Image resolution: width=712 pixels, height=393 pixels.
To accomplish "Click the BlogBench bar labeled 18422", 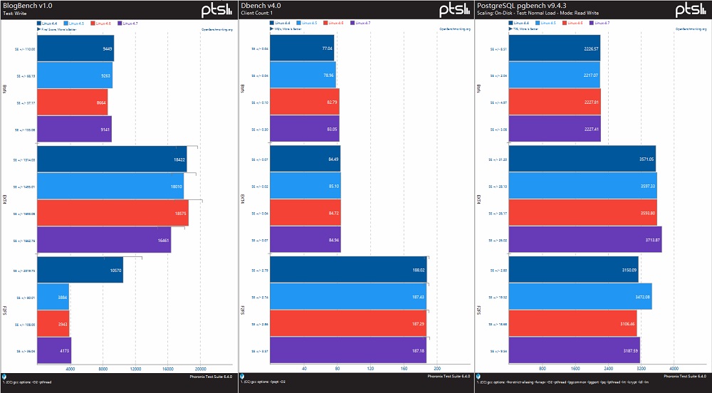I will pos(112,159).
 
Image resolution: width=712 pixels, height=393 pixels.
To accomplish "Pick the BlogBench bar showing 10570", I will pos(80,270).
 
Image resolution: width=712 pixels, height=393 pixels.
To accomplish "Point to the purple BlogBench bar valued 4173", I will pos(54,350).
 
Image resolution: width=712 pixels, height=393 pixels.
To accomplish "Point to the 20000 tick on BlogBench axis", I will pos(201,369).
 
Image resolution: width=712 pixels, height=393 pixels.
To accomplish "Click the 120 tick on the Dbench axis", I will pos(370,369).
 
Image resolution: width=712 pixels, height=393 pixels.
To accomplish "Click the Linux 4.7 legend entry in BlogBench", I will pos(130,23).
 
